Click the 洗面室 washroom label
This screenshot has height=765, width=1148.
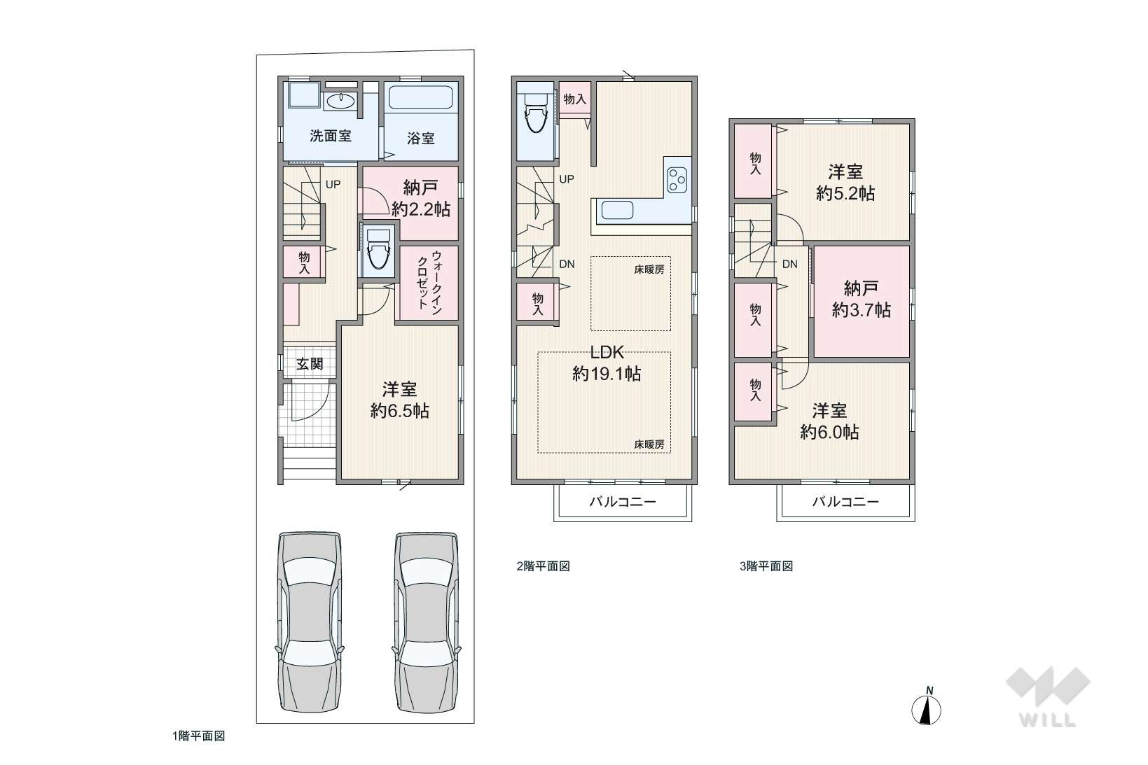tap(331, 136)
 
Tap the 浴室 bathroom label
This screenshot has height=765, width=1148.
tap(421, 139)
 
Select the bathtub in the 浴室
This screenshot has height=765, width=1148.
tap(421, 98)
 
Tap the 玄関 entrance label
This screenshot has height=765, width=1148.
tap(310, 364)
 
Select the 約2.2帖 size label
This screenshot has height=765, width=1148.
tap(421, 209)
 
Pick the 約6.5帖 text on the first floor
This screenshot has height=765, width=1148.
tap(400, 411)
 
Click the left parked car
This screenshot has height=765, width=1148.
tap(310, 622)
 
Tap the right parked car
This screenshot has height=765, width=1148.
tap(426, 622)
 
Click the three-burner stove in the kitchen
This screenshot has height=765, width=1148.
tap(677, 181)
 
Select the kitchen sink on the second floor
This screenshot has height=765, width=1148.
tap(617, 211)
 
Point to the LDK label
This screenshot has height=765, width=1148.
tap(607, 352)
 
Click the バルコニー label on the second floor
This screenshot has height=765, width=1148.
tap(622, 501)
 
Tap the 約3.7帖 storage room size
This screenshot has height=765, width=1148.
tap(862, 310)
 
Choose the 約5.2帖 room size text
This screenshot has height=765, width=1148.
tap(845, 193)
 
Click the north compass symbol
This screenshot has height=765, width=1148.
tap(926, 709)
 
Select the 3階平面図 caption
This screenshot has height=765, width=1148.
tap(766, 566)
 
